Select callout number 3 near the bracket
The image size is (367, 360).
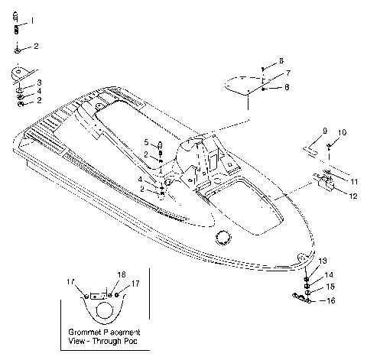point(40,82)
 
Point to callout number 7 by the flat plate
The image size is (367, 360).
point(288,73)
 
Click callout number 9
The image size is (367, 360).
point(324,131)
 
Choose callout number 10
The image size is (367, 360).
point(342,132)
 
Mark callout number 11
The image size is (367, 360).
point(352,181)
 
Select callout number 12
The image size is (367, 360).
point(352,196)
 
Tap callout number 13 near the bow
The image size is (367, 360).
point(322,261)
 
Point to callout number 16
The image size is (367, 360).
point(331,301)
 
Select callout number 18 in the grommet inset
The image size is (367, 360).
point(121,274)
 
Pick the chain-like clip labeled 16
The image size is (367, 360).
point(303,299)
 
